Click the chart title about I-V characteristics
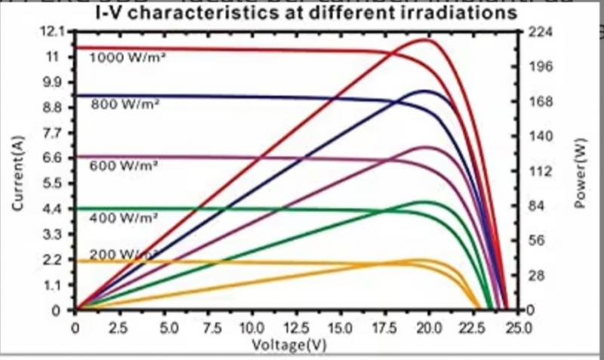304,14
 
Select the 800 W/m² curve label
124,105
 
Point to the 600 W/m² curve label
124,165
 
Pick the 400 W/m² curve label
124,217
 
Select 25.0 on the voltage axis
518,328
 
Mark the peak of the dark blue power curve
427,91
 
